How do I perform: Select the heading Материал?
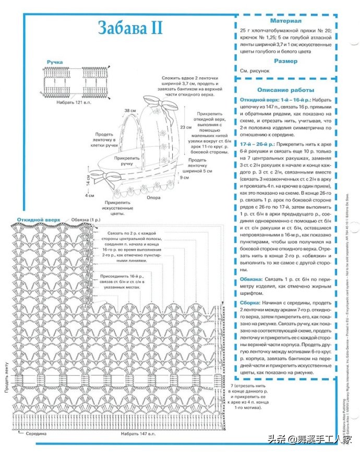point(285,21)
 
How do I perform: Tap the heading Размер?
point(285,61)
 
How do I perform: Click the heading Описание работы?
point(285,90)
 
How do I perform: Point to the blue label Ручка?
point(55,62)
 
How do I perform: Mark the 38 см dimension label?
point(130,111)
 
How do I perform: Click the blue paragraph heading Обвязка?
point(253,279)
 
